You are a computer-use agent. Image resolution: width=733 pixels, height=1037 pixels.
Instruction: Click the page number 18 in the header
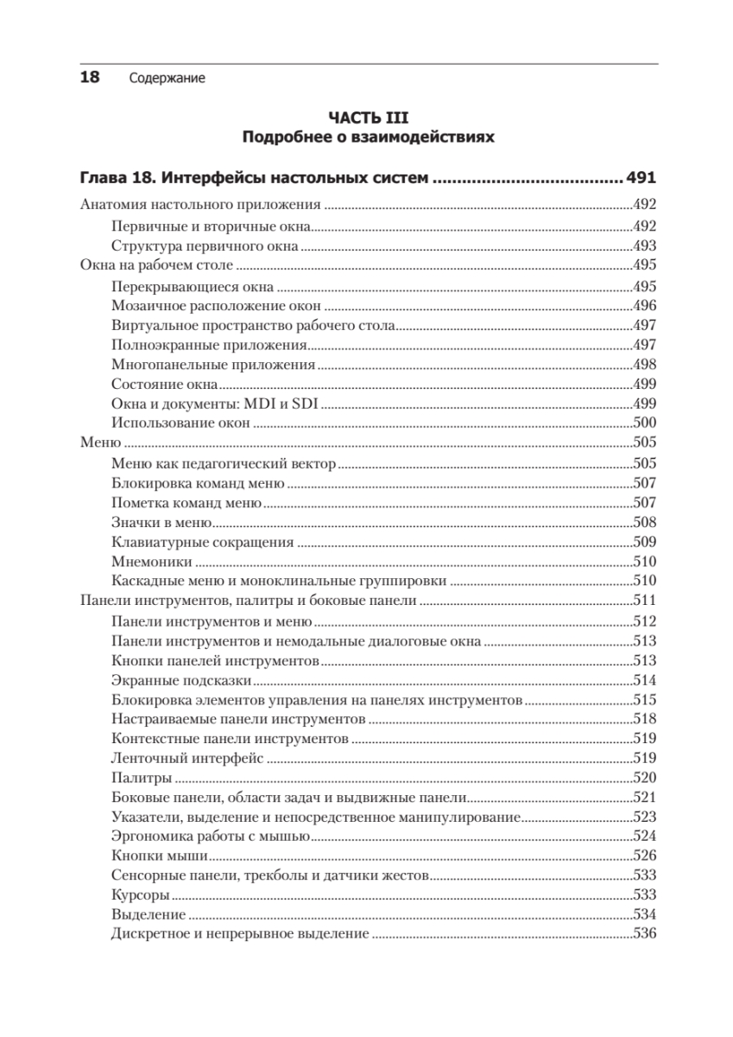90,78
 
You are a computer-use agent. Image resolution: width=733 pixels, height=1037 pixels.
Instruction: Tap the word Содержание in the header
167,79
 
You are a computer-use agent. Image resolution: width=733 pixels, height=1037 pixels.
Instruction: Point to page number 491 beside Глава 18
641,180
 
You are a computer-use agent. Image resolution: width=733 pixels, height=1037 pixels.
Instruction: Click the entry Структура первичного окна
205,246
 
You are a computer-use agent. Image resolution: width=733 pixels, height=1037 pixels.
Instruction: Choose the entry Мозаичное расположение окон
217,306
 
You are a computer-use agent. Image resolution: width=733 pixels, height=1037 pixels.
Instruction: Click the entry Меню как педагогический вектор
224,464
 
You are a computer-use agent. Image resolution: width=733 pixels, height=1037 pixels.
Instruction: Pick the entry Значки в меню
161,523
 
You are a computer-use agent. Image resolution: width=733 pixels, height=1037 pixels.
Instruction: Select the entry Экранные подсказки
178,680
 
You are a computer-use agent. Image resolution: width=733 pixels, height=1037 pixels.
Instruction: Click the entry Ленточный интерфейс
187,759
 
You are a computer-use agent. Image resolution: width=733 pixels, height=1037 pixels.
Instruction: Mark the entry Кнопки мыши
160,856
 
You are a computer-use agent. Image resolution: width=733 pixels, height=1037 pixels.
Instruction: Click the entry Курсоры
140,895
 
